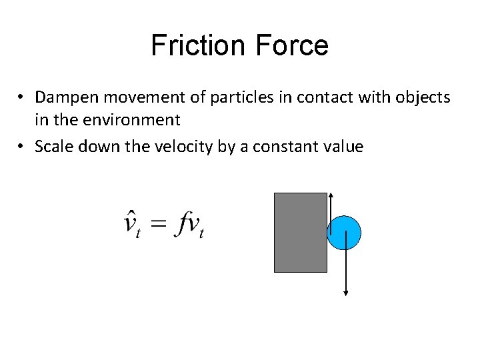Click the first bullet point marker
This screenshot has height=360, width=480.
[22, 98]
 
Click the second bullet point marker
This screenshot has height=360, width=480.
[22, 147]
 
